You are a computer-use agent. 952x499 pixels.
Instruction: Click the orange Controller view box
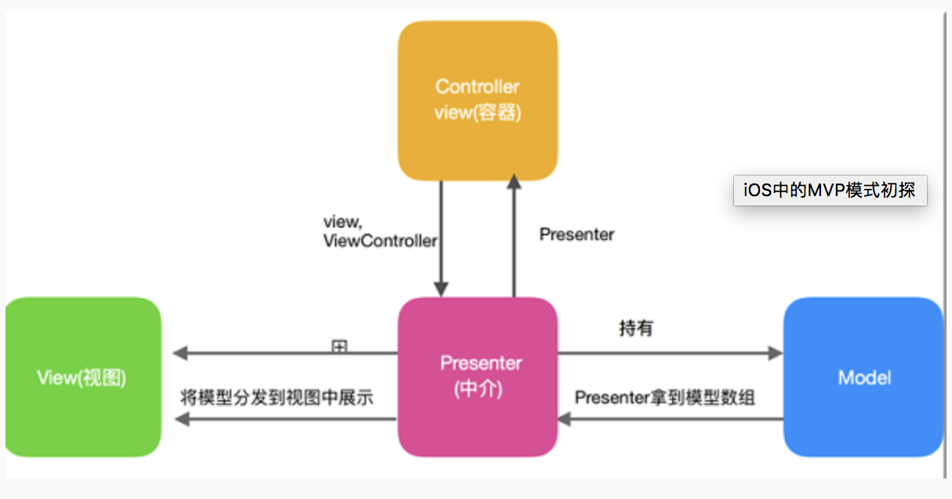477,100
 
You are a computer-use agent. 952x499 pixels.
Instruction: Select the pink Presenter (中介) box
477,377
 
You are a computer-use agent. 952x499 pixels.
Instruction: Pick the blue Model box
863,377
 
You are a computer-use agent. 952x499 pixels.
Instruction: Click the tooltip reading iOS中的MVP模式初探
830,190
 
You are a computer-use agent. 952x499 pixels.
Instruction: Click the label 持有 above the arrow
635,329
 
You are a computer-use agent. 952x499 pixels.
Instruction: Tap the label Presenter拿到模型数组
664,398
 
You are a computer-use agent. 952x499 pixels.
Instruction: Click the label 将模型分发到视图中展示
276,398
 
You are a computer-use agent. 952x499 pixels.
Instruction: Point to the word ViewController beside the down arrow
380,241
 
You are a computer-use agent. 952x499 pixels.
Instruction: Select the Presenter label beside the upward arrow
576,235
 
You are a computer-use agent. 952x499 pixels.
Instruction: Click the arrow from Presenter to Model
670,354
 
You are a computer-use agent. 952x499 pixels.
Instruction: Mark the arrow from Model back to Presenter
670,420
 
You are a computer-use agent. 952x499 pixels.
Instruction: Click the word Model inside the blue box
864,377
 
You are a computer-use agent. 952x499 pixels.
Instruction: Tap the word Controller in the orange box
477,86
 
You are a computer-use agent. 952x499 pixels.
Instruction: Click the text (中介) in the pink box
477,390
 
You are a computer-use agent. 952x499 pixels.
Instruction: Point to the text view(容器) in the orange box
477,113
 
